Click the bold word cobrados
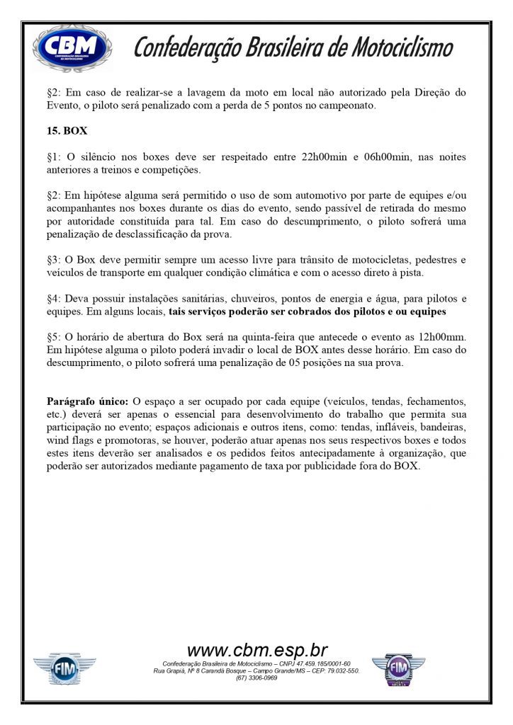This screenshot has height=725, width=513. tap(313, 312)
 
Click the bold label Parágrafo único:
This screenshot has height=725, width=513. tap(87, 401)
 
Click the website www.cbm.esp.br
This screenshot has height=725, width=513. tap(256, 651)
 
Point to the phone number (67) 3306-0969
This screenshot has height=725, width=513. tap(256, 678)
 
